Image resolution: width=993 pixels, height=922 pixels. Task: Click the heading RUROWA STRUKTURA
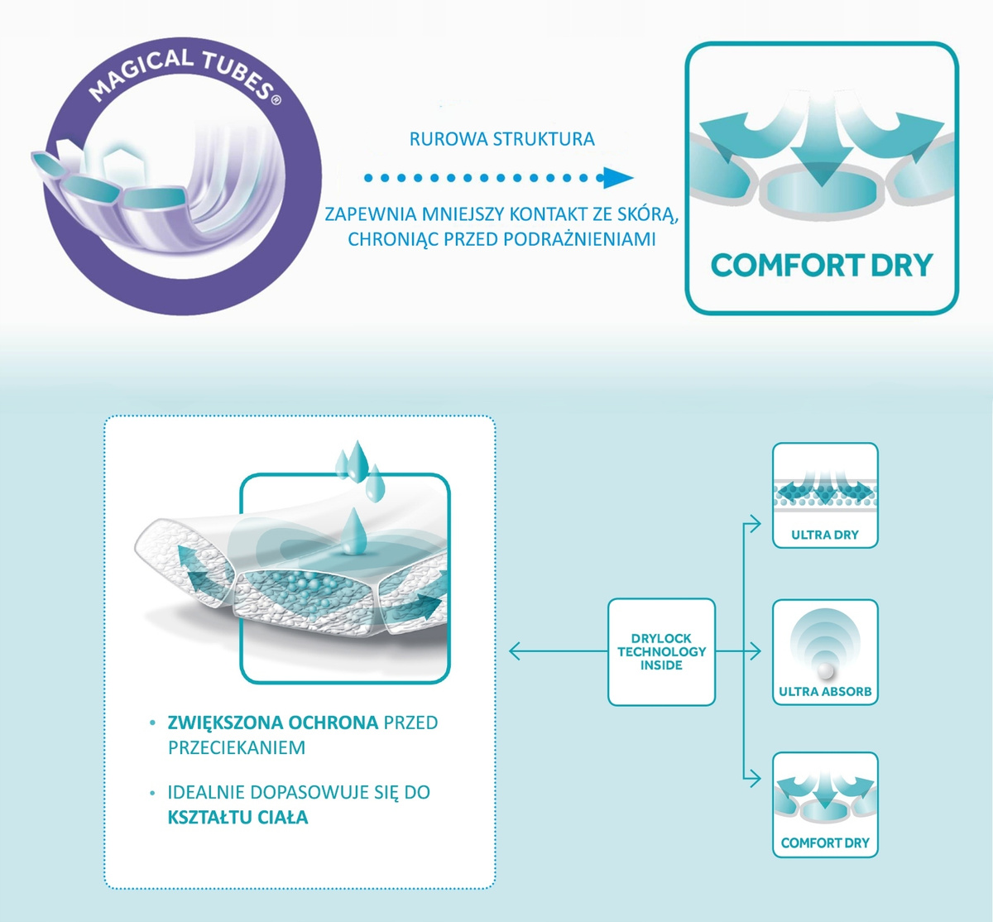(x=502, y=139)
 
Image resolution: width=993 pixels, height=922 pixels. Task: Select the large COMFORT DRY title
(x=822, y=266)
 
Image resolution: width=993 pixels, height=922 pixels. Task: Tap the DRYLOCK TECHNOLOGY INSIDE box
(x=661, y=652)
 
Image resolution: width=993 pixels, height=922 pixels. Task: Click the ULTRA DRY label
(x=825, y=535)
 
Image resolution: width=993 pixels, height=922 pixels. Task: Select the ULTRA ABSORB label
(x=825, y=691)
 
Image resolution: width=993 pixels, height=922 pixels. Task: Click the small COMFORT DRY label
(x=825, y=843)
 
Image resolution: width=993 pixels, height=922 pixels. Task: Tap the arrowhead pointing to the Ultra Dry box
(x=754, y=522)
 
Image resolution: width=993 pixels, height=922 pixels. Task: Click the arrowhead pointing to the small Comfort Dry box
(x=754, y=779)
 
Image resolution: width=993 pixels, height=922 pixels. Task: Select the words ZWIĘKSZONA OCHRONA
(x=273, y=723)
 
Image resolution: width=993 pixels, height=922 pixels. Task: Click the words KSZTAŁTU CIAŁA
(x=237, y=818)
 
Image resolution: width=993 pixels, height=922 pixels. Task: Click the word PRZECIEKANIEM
(x=237, y=747)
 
